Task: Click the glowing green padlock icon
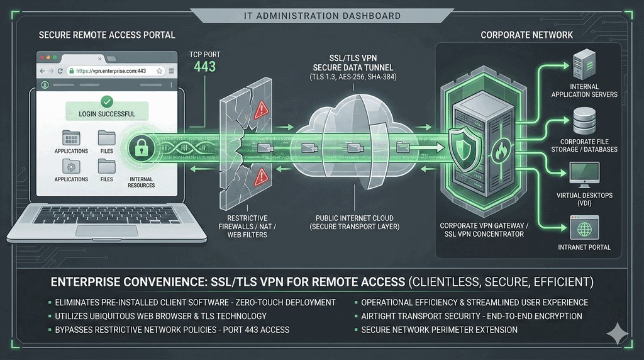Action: (141, 149)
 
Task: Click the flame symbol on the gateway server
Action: (502, 153)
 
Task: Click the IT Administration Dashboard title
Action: (321, 15)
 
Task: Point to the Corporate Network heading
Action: (526, 35)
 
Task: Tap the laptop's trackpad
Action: (106, 230)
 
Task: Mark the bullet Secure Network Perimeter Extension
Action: (440, 329)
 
